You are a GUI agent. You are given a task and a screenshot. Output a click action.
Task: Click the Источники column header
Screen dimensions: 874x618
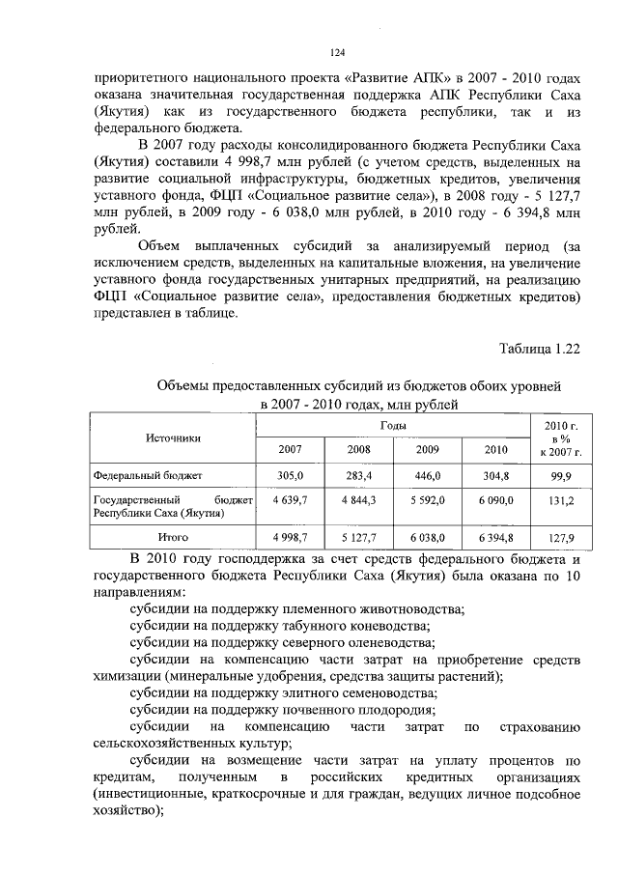pos(174,437)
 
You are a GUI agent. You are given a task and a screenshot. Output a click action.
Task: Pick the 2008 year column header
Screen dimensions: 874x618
pos(358,450)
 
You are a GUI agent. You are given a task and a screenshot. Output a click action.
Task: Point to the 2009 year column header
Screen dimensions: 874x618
pos(427,450)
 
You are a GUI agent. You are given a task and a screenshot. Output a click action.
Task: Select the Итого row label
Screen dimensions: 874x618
pos(174,536)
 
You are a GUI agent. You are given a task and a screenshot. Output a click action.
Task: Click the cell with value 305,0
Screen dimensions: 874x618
pos(291,476)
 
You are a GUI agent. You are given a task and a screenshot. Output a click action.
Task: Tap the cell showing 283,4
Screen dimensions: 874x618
pos(358,476)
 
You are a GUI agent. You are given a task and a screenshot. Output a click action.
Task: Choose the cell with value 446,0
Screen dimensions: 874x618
pos(427,476)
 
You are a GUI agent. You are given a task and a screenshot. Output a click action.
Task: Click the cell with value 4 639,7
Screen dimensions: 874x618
pos(290,500)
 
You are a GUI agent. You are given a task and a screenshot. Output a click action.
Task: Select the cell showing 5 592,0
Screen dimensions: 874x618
pos(427,500)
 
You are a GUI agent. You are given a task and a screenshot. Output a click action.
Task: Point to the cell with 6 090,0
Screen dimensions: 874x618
pos(495,500)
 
